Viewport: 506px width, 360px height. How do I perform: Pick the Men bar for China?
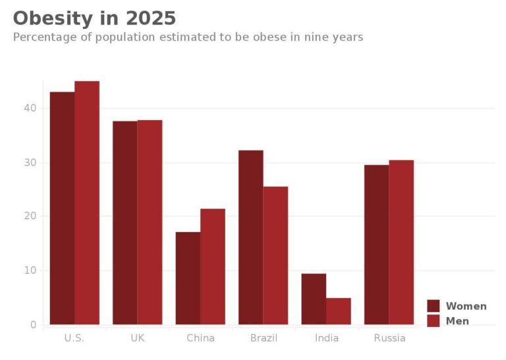click(x=213, y=267)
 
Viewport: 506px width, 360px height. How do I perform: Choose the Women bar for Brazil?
click(x=251, y=237)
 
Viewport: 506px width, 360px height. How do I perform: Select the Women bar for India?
click(x=314, y=299)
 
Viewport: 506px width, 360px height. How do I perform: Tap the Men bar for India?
click(x=339, y=311)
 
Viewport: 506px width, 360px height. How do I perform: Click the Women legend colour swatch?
click(x=434, y=306)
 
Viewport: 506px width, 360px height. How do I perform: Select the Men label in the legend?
click(x=457, y=321)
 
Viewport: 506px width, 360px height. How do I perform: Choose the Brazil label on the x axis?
click(x=264, y=338)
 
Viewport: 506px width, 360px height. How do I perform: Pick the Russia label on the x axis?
click(x=389, y=338)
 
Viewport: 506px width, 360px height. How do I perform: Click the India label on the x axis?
click(x=326, y=338)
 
